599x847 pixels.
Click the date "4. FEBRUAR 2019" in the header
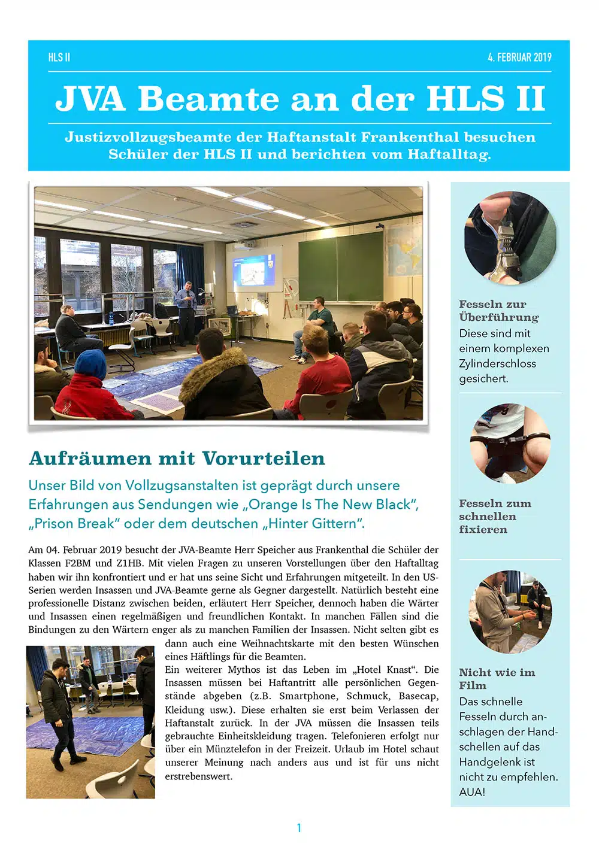pos(519,57)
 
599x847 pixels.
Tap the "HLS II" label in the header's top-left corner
pos(59,57)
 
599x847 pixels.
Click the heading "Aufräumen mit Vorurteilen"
pos(177,459)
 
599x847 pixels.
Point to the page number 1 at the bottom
pos(299,828)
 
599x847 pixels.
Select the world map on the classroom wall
pos(405,248)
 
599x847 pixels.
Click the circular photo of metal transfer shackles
pos(510,238)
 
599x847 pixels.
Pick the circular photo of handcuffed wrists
pos(510,444)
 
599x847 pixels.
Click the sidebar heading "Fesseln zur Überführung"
pos(498,311)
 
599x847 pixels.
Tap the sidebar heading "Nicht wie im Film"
pos(497,679)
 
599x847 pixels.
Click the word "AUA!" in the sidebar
pos(472,792)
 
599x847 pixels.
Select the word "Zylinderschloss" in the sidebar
pos(497,363)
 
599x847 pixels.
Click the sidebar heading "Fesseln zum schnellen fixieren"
pos(495,516)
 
